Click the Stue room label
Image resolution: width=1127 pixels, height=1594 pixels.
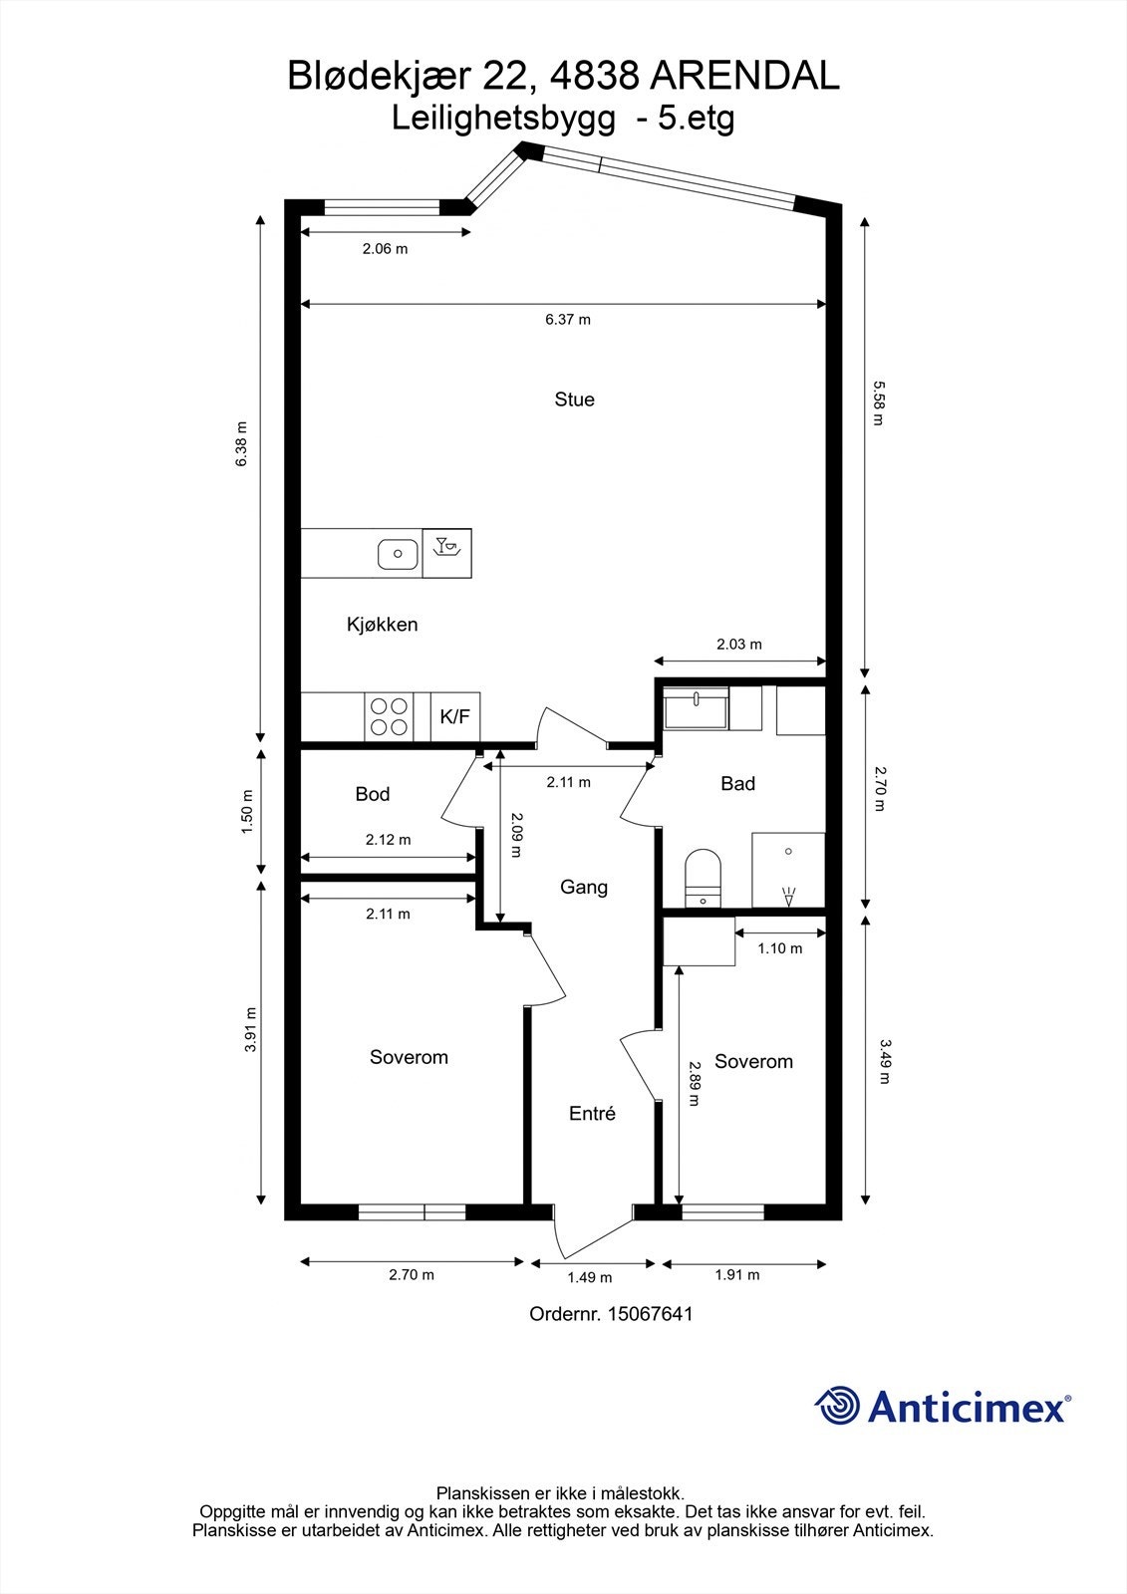tap(574, 399)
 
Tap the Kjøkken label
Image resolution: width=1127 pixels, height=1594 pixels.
tap(382, 624)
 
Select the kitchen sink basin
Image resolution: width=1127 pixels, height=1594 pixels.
tap(398, 554)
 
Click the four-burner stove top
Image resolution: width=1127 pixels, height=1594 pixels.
tap(389, 716)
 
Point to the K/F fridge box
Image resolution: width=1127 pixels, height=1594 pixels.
tap(455, 716)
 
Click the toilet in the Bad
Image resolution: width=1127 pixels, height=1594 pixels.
tap(703, 878)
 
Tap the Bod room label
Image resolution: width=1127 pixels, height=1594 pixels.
tap(373, 793)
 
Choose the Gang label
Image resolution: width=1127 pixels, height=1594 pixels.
tap(584, 887)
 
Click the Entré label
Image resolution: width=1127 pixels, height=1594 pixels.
tap(592, 1113)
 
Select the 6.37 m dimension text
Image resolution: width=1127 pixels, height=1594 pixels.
tap(568, 320)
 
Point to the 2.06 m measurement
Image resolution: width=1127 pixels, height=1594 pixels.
tap(386, 249)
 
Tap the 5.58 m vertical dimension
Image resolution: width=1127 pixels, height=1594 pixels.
tap(879, 403)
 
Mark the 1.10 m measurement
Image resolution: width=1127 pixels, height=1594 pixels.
tap(779, 948)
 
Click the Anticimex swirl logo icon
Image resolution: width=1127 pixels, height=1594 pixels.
tap(838, 1405)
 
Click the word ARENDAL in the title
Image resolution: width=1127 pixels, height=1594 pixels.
tap(746, 76)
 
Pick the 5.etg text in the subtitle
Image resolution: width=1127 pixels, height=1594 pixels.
tap(696, 119)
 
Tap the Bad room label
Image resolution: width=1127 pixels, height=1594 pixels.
tap(737, 783)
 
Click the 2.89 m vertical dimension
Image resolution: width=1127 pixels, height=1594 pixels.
tap(695, 1084)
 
